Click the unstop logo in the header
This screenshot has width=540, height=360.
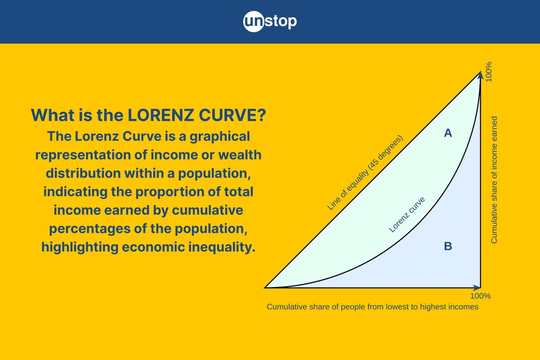[270, 22]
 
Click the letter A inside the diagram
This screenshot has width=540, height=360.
[448, 133]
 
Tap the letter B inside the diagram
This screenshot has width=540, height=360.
[448, 246]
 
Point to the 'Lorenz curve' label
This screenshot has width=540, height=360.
[407, 215]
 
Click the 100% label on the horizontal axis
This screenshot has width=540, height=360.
[480, 296]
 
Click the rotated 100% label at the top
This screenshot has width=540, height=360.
[489, 72]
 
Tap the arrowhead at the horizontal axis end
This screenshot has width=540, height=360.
[477, 287]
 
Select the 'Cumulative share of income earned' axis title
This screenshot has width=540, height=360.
[494, 180]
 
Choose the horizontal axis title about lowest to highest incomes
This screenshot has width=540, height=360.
[372, 307]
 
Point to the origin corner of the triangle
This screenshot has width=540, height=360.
[265, 287]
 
